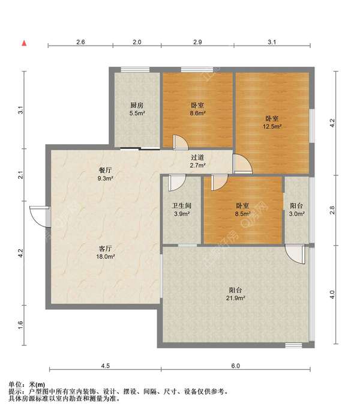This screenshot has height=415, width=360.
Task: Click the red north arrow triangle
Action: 24,43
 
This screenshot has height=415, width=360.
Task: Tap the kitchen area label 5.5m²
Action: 137,114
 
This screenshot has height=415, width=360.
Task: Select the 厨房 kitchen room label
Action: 137,105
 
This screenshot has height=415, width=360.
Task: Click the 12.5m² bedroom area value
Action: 272,126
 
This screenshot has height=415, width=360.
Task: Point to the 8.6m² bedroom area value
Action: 198,114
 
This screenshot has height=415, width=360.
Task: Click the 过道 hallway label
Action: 197,157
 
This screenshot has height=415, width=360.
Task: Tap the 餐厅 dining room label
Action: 105,170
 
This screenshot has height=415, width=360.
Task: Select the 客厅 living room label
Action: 105,249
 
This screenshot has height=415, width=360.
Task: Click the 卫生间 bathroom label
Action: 182,205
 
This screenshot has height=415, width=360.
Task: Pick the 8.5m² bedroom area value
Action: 243,214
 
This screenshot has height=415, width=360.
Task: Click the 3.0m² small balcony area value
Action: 296,214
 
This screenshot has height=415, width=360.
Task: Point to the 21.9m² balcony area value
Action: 235,298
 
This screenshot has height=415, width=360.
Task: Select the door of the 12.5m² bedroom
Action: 242,164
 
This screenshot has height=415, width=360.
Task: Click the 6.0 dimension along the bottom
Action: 236,366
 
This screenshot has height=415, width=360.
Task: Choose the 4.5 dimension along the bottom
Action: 105,366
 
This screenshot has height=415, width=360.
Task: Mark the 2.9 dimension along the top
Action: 197,42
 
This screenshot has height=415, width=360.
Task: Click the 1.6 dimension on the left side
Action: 20,326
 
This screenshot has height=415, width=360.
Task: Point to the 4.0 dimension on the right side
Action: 332,294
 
